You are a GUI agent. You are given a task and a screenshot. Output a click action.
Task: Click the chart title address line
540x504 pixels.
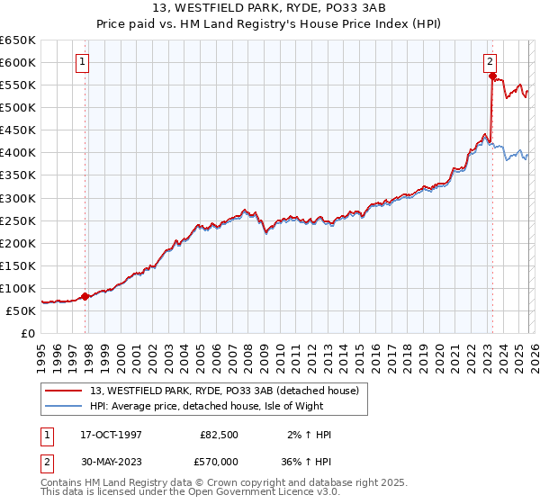pyautogui.click(x=270, y=9)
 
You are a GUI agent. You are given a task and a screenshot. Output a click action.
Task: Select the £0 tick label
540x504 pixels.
pyautogui.click(x=27, y=333)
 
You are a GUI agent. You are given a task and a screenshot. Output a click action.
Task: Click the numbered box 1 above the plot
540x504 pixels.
pyautogui.click(x=82, y=62)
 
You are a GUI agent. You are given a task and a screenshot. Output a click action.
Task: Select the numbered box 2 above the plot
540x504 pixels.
pyautogui.click(x=490, y=62)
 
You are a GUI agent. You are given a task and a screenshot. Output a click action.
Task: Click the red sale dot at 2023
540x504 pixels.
pyautogui.click(x=492, y=76)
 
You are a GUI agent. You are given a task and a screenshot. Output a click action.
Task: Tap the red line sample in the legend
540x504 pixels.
pyautogui.click(x=65, y=391)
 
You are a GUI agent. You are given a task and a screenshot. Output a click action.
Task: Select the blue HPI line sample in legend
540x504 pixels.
pyautogui.click(x=65, y=406)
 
